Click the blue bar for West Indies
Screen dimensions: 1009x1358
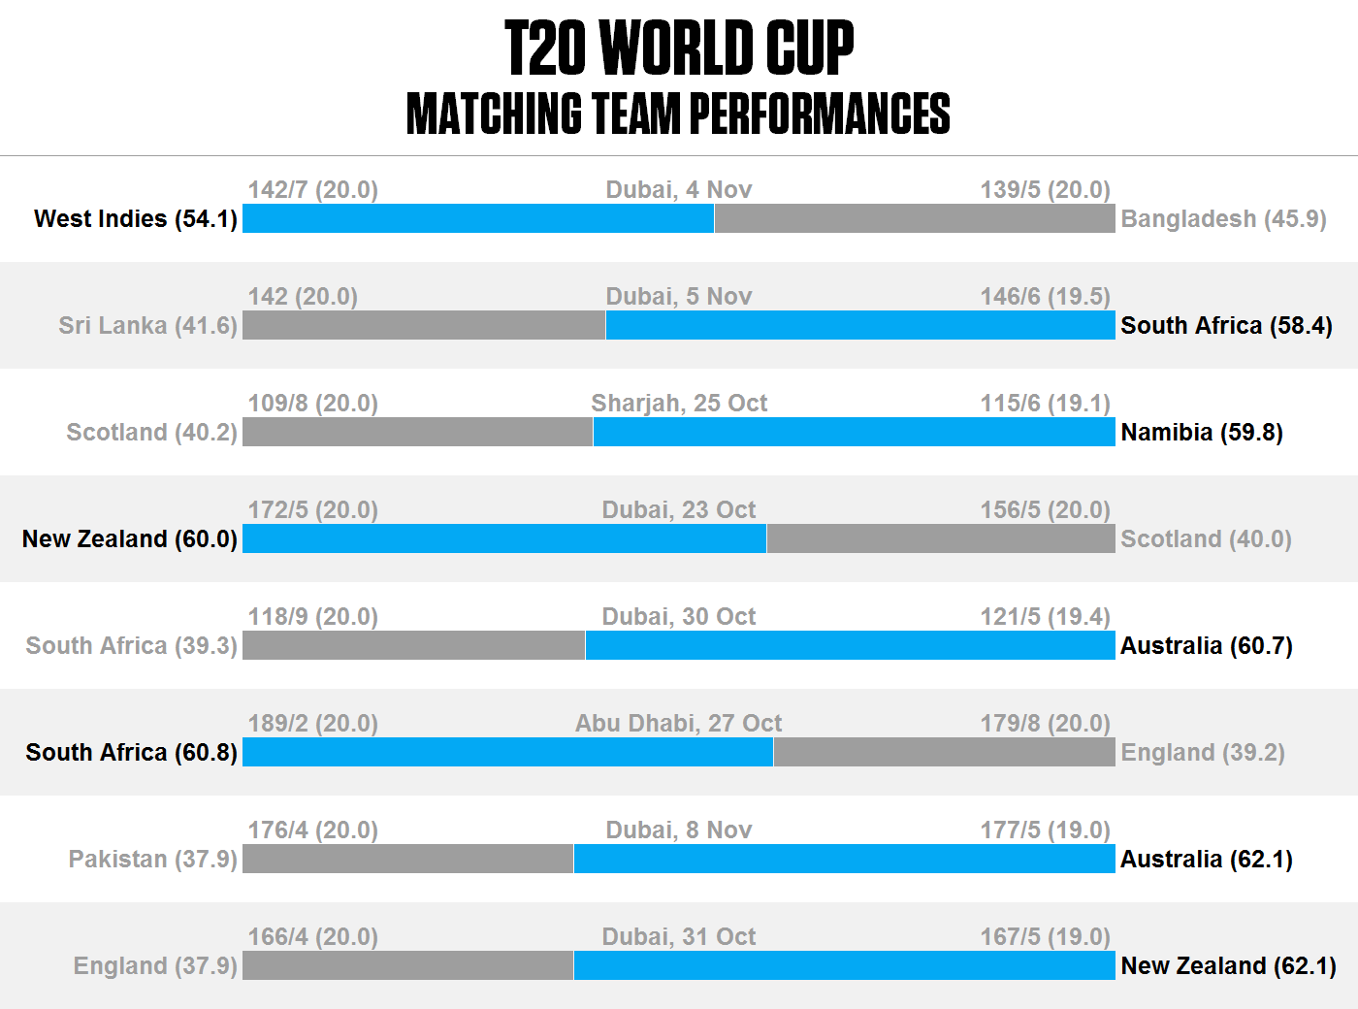pos(478,218)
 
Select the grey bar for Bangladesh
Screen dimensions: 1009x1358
pos(915,218)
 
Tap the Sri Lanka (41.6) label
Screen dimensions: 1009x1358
pos(148,325)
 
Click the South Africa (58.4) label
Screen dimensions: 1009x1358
pos(1226,325)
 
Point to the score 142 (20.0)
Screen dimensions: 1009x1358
pos(303,296)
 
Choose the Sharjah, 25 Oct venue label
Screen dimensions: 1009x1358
pos(679,403)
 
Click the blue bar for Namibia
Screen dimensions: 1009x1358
pos(854,432)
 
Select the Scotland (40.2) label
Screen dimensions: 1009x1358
pos(152,432)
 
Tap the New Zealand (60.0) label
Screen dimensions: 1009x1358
pos(130,538)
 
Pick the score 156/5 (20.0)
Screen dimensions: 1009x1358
pos(1045,509)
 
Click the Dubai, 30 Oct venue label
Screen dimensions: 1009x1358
pos(679,616)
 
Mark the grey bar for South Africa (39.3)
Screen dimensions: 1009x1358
pos(414,645)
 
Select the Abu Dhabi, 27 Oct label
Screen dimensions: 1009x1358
pos(679,723)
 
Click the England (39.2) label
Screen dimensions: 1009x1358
pos(1203,752)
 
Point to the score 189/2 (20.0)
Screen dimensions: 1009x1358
pos(312,723)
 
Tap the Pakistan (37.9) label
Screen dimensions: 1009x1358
pos(153,859)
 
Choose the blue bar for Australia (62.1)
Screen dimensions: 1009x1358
pos(844,859)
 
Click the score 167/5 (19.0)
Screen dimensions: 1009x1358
pos(1045,936)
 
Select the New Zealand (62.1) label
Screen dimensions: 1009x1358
pos(1228,965)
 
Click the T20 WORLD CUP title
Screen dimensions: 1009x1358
pos(679,49)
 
